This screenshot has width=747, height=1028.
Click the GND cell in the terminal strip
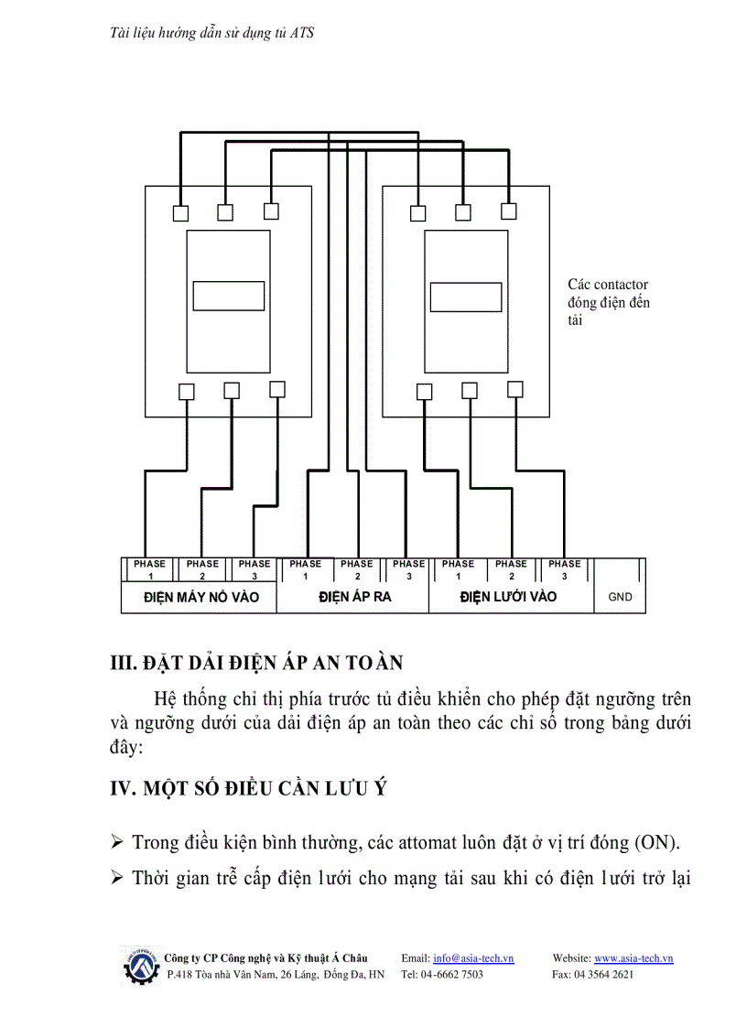[x=620, y=597]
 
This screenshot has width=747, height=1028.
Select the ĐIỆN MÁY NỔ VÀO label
[x=201, y=597]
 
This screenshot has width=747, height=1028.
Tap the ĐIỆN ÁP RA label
[x=354, y=597]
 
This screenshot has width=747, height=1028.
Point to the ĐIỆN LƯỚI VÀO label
[x=508, y=597]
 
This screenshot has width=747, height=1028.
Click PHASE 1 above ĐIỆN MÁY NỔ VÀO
[x=149, y=569]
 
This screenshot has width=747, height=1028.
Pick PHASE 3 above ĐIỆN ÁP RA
[x=408, y=569]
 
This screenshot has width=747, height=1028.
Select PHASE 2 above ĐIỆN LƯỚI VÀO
[x=511, y=569]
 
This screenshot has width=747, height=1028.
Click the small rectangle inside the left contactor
[x=228, y=297]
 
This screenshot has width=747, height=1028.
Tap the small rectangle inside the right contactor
[x=466, y=297]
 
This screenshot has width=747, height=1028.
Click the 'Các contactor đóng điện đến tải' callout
[x=609, y=303]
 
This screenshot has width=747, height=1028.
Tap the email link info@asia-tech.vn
[x=473, y=958]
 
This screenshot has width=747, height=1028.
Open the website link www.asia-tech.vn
[x=633, y=958]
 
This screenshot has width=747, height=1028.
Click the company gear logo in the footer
[x=140, y=966]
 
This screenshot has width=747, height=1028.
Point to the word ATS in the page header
[x=302, y=32]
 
